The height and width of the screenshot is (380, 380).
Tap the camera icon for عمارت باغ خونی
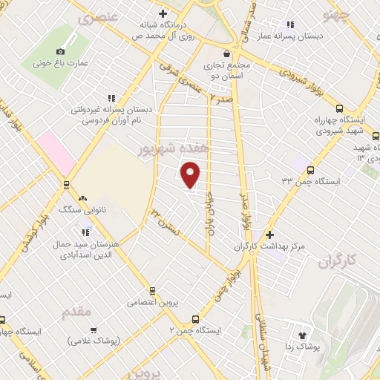[x=60, y=51]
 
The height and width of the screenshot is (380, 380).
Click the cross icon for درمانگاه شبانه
[x=163, y=13]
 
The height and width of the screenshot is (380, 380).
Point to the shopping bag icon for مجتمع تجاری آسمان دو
[x=226, y=53]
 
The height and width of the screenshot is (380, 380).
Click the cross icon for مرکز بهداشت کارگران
[x=270, y=235]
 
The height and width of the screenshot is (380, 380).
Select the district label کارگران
[x=341, y=261]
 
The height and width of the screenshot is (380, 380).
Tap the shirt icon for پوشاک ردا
[x=303, y=335]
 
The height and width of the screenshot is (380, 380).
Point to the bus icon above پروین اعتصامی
[x=153, y=291]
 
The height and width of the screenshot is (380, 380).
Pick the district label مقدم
[x=76, y=307]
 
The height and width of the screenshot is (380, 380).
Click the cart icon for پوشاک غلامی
[x=94, y=330]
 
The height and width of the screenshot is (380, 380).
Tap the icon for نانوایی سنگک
[x=83, y=199]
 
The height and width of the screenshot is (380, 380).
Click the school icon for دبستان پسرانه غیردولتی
[x=112, y=97]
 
